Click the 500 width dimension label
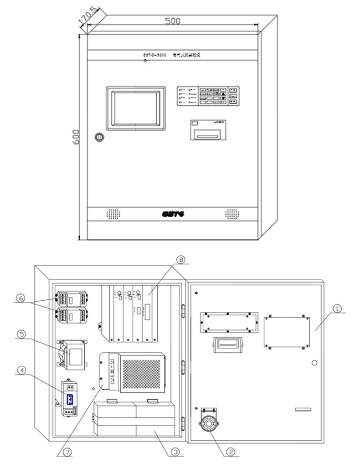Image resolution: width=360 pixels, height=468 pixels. [173, 21]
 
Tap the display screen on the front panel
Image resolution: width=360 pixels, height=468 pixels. [135, 108]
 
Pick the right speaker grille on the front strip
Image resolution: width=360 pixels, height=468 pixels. [232, 213]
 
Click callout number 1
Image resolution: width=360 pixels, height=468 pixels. [337, 309]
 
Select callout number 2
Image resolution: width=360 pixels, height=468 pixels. [231, 452]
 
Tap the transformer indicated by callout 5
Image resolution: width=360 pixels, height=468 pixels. [72, 353]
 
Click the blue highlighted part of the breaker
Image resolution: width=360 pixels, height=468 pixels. [70, 400]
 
